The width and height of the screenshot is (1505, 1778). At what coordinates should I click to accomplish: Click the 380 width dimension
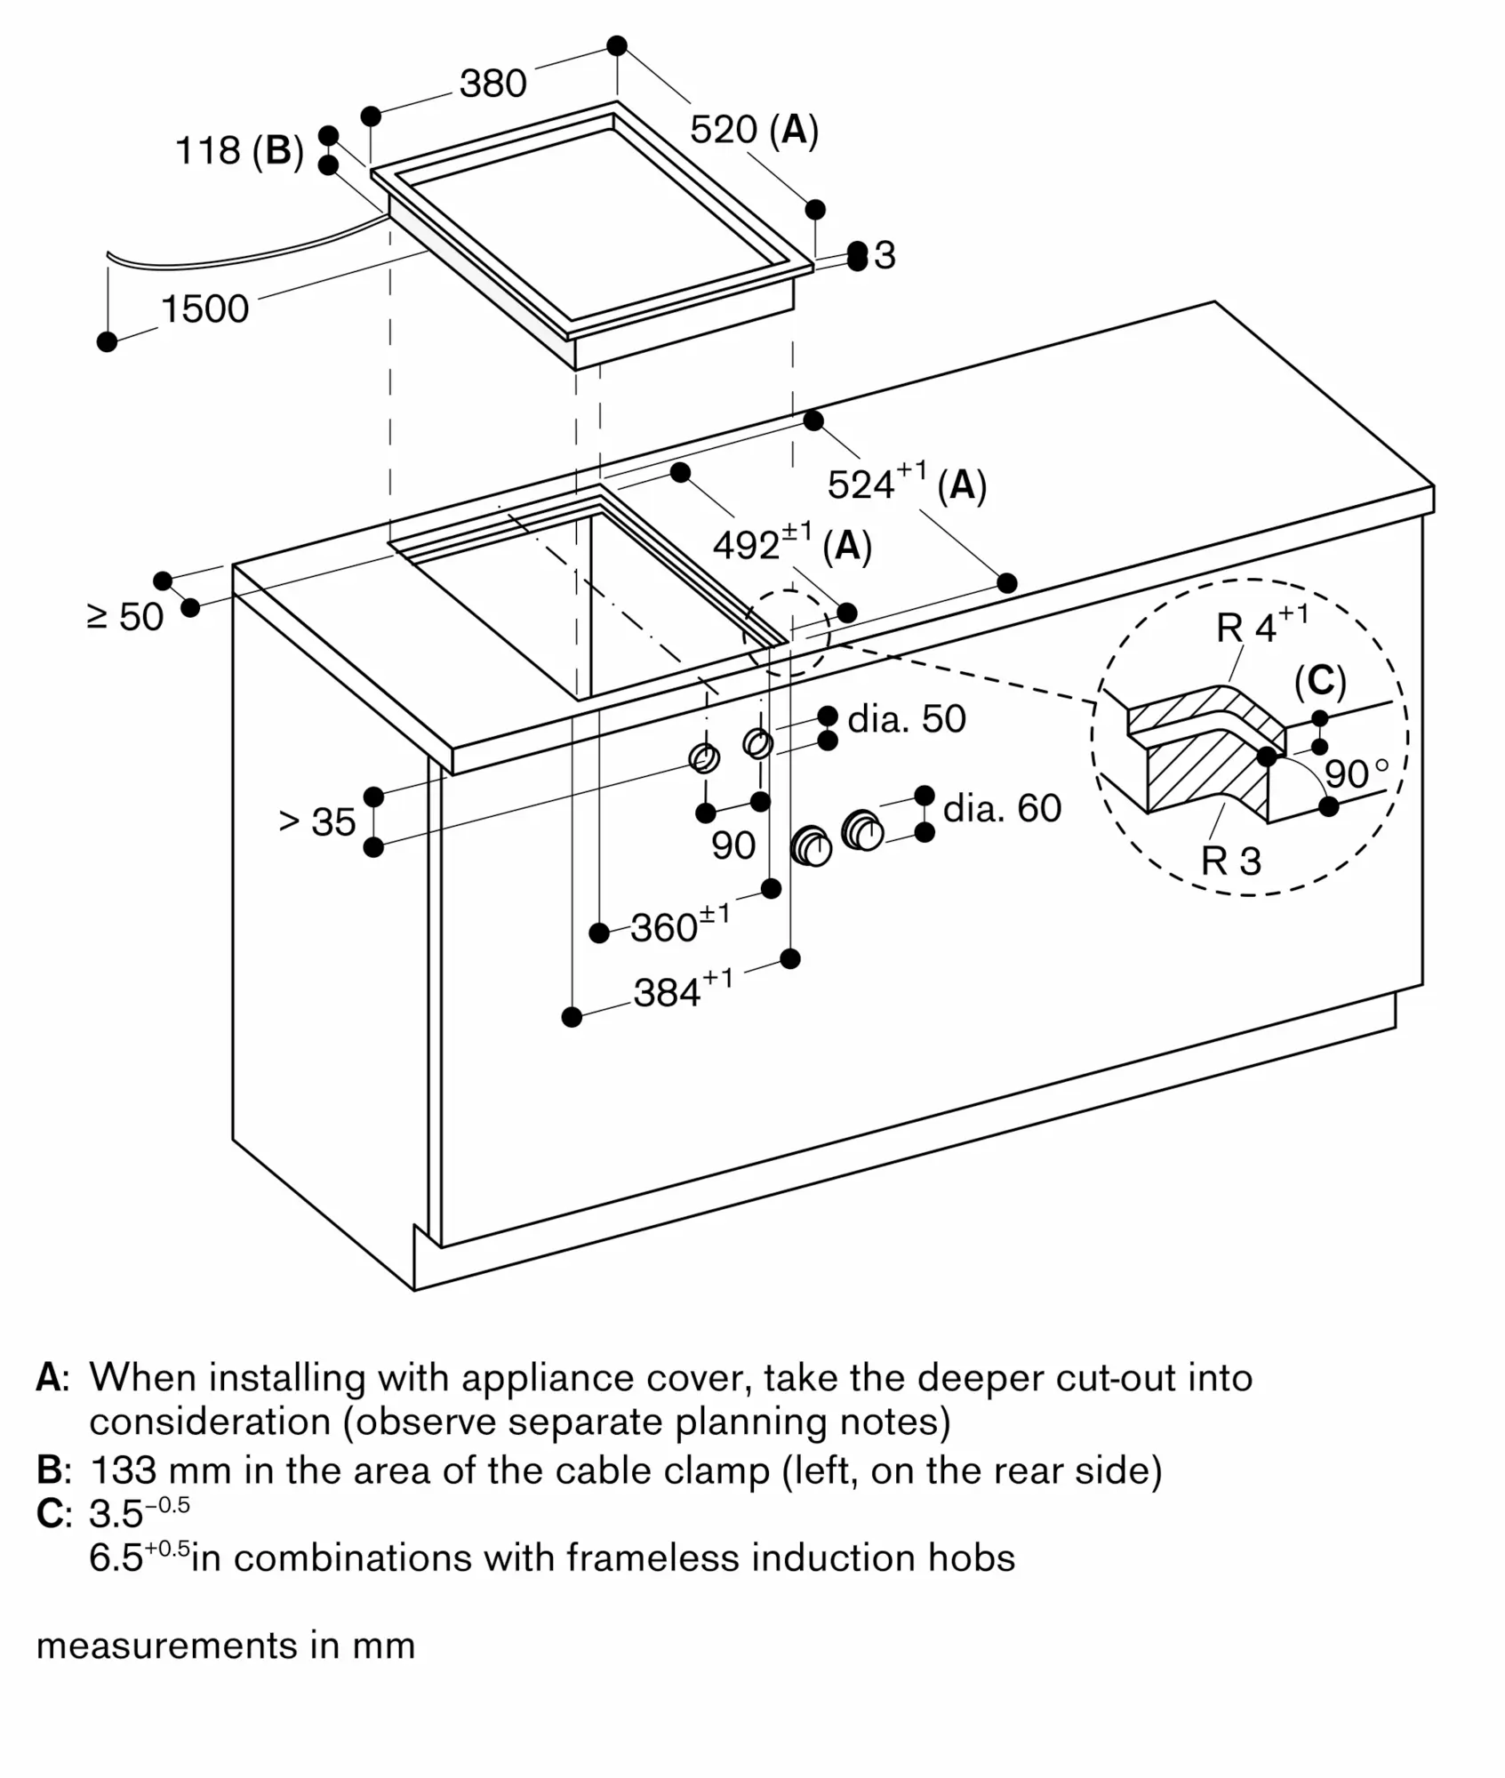click(493, 84)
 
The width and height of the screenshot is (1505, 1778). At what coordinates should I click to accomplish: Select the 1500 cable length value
click(204, 309)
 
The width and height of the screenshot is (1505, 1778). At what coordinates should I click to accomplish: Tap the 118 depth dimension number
click(208, 150)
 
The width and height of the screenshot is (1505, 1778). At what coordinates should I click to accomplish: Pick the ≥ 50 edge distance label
click(125, 617)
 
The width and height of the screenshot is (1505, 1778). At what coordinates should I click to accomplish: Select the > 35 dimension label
click(317, 822)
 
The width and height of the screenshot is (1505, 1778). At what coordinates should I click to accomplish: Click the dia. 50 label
click(907, 719)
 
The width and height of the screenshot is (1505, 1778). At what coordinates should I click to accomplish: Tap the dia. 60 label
click(1002, 808)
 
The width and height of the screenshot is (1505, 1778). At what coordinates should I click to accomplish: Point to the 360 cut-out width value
click(666, 927)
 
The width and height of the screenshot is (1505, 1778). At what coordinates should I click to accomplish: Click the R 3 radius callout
click(1231, 861)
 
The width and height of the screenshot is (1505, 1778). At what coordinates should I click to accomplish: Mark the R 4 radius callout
click(1247, 629)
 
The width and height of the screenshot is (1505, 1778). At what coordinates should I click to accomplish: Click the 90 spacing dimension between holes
click(733, 845)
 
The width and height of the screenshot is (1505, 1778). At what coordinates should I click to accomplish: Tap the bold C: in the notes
click(52, 1514)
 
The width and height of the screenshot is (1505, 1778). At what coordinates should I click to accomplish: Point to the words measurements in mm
click(226, 1646)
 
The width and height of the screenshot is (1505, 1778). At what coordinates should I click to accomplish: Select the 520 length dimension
click(724, 130)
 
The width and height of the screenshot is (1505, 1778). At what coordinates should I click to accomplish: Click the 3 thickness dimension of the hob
click(885, 256)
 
